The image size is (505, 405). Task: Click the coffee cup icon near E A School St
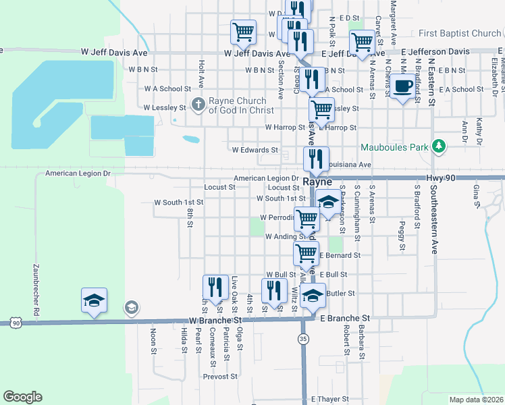tap(404, 86)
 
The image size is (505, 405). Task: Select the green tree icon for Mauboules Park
tap(440, 145)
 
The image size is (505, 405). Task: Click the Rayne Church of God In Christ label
tap(241, 105)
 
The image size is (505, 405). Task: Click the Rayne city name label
tap(315, 182)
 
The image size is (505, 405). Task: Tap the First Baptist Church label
tap(460, 33)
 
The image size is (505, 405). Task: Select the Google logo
tap(22, 396)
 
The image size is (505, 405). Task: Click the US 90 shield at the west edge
tap(15, 323)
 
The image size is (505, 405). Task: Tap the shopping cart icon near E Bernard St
tap(307, 254)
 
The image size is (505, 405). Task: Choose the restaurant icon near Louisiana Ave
tap(316, 159)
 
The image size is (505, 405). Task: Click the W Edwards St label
tap(255, 150)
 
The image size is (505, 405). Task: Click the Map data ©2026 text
tap(476, 400)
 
